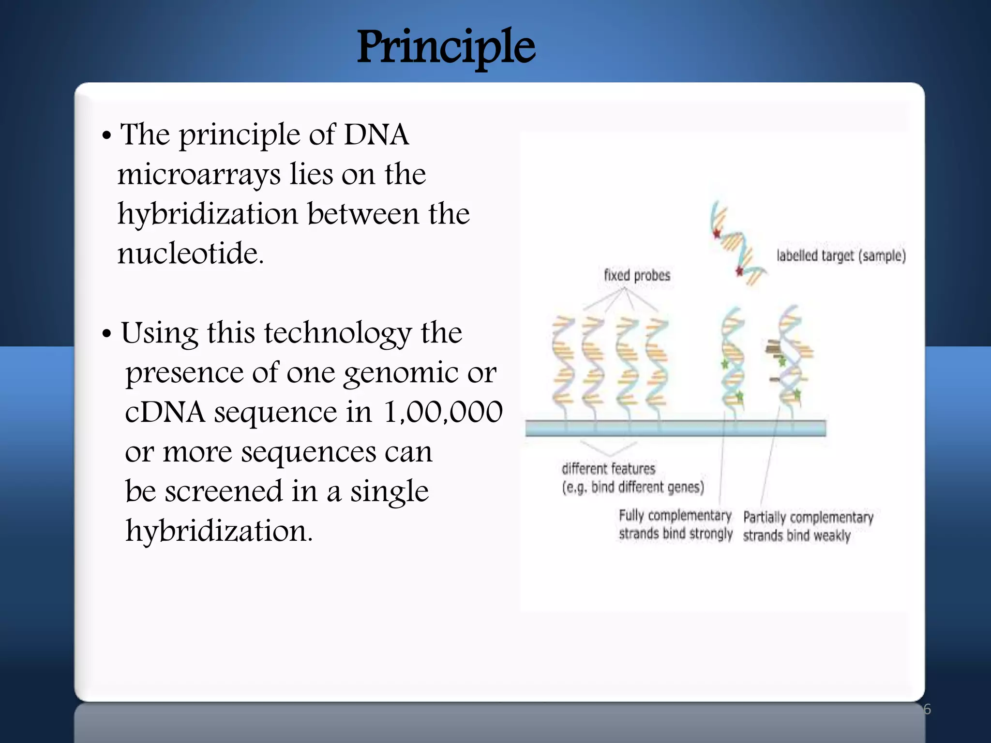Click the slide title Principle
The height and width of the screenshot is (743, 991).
[x=446, y=47]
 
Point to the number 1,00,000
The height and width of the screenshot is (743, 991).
[x=443, y=412]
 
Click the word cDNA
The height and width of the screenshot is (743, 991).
[x=165, y=412]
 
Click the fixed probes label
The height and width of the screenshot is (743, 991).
[x=637, y=275]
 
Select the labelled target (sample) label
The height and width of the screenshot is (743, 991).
[x=841, y=255]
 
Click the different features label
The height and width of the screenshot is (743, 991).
[x=608, y=468]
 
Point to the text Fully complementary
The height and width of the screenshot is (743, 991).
[x=675, y=515]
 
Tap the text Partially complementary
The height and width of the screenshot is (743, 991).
[x=808, y=517]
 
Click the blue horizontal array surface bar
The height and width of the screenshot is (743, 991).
[x=675, y=428]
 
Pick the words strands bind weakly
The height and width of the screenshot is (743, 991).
[x=796, y=535]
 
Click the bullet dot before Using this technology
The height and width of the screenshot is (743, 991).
[x=107, y=334]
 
